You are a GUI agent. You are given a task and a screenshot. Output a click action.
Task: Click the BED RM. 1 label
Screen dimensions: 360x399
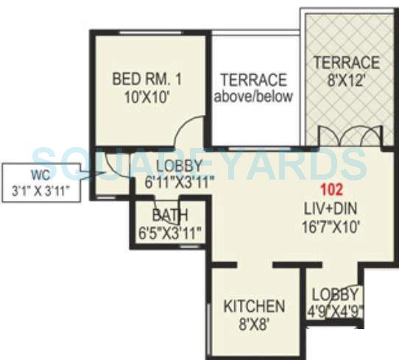point(146,78)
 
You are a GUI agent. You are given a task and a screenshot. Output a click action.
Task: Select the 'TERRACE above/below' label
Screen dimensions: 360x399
point(253,87)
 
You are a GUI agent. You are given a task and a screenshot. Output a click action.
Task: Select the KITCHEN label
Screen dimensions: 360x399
point(253,306)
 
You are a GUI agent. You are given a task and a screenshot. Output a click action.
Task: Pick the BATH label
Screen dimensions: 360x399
point(170,216)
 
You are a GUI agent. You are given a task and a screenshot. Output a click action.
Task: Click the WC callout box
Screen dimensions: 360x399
point(43,183)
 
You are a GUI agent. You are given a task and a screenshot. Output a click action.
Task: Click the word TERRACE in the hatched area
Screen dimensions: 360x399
point(344,62)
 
